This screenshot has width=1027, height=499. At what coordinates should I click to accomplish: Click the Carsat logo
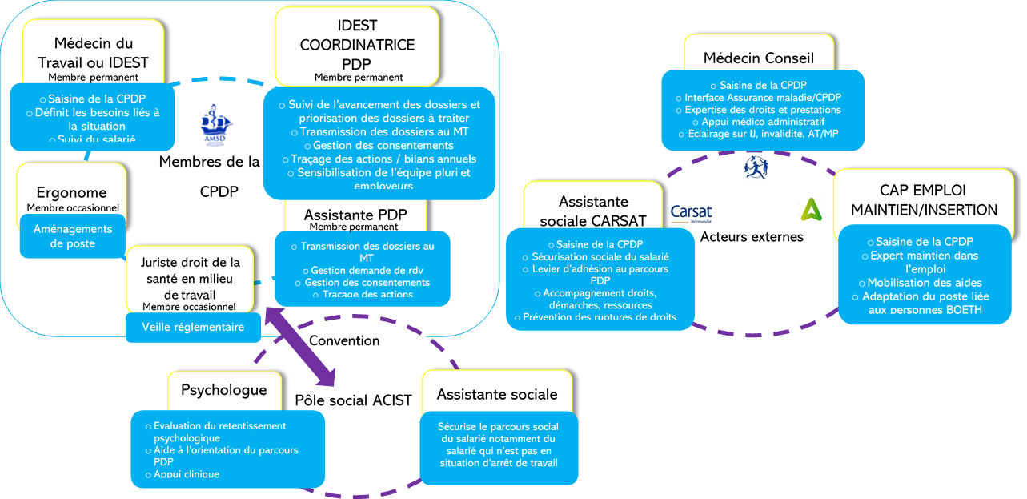pyautogui.click(x=691, y=213)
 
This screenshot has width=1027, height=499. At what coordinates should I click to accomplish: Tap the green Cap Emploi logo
pyautogui.click(x=811, y=208)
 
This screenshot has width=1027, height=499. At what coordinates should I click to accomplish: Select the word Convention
pyautogui.click(x=344, y=340)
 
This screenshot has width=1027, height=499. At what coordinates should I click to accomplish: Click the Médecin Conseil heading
pyautogui.click(x=758, y=58)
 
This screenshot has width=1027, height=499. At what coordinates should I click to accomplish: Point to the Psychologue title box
pyautogui.click(x=223, y=390)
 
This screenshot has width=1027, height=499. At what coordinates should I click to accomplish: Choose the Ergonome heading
pyautogui.click(x=71, y=193)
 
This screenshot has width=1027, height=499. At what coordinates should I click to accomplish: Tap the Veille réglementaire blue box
pyautogui.click(x=193, y=327)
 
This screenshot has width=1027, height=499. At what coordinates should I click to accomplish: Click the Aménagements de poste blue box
pyautogui.click(x=73, y=236)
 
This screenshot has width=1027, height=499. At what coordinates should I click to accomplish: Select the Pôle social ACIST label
pyautogui.click(x=353, y=400)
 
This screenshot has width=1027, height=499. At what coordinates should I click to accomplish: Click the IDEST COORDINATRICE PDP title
pyautogui.click(x=357, y=45)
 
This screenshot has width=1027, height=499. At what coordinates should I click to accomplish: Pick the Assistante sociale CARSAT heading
pyautogui.click(x=593, y=211)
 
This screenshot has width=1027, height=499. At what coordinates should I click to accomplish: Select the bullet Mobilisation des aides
pyautogui.click(x=925, y=283)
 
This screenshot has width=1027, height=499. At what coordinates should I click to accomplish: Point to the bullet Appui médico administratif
pyautogui.click(x=763, y=122)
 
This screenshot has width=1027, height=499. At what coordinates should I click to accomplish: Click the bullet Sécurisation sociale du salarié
pyautogui.click(x=600, y=256)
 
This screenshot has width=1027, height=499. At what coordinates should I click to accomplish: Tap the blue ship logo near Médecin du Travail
pyautogui.click(x=217, y=123)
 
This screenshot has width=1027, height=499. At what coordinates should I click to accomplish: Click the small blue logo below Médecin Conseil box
pyautogui.click(x=755, y=167)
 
